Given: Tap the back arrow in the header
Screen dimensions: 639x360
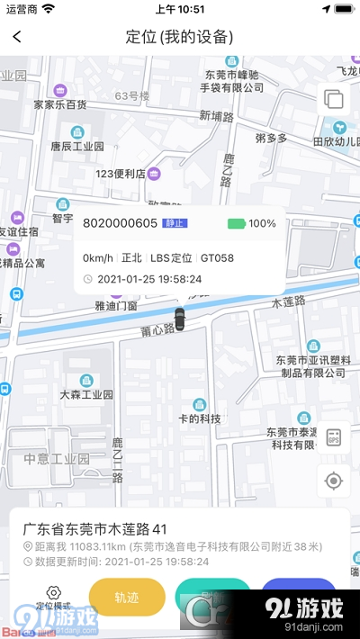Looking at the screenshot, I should point(17,37).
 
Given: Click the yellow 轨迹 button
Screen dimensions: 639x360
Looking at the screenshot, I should point(127,596).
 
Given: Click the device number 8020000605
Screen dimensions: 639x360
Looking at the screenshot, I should point(120,223).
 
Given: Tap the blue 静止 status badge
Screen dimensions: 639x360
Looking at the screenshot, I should point(175,223).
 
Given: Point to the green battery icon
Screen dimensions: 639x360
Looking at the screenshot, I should point(236,223).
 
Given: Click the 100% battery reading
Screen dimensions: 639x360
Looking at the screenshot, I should point(262,223).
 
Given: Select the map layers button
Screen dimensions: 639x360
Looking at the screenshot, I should point(333,99).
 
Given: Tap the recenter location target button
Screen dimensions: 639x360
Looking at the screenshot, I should point(334,481).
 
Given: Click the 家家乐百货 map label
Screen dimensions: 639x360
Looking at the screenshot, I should point(60,104).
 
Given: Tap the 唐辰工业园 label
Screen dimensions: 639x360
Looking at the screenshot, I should point(76,146).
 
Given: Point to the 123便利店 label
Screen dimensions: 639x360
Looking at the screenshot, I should point(121,174).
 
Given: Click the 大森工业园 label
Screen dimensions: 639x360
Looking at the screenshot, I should point(85,394).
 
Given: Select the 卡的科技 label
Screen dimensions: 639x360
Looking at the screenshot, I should point(199,418).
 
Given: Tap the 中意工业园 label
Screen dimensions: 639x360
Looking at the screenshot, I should point(57,458).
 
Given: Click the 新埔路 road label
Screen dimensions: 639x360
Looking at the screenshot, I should point(216,117).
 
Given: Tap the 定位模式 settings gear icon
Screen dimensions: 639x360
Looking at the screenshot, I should point(53,591).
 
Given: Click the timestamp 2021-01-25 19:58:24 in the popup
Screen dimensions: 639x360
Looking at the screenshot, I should point(148,279).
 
